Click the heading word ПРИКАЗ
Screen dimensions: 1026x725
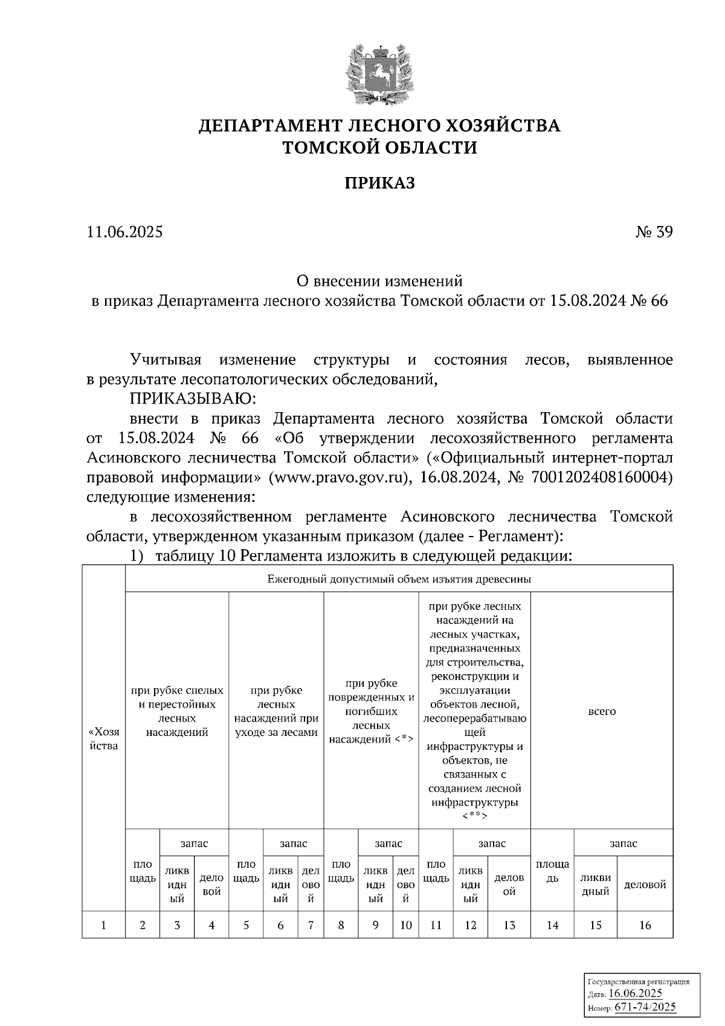coord(379,183)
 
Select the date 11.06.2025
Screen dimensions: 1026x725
coord(124,232)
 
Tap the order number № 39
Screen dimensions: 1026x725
coord(653,232)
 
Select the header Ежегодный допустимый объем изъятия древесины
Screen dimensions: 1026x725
coord(399,579)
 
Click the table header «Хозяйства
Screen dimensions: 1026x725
coord(103,738)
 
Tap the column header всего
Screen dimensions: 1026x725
coord(602,711)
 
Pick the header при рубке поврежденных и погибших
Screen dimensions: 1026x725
coord(371,711)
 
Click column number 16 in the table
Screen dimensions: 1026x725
coord(645,924)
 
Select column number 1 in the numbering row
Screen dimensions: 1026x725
coord(103,924)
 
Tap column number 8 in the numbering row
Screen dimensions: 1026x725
coord(341,924)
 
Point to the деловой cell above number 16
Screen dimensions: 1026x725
coord(645,885)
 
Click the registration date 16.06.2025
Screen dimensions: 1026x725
coord(635,993)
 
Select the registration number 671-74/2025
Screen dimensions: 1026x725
coord(645,1007)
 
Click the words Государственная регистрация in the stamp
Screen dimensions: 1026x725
coord(639,982)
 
